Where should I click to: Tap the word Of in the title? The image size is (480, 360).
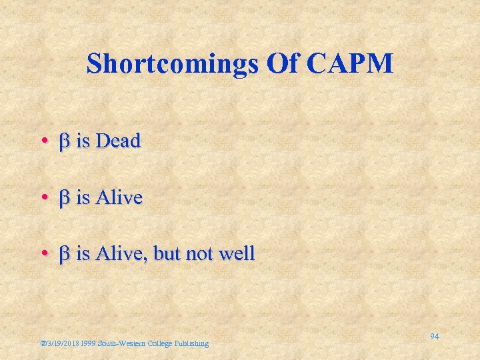tap(284, 63)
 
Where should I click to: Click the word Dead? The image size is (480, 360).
tap(119, 141)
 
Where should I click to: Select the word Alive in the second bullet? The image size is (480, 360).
tap(119, 198)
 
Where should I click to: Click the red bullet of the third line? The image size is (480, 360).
tap(43, 255)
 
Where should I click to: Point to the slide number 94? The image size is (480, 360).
tap(434, 337)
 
